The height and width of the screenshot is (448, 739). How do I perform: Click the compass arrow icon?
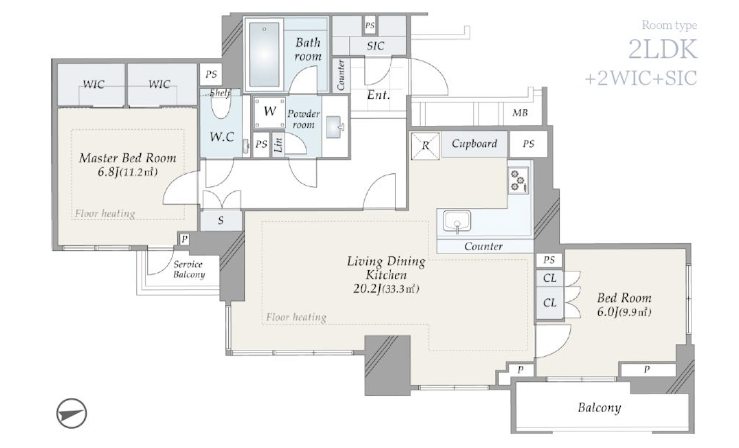tap(71, 413)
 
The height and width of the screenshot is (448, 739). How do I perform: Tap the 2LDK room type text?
tap(663, 49)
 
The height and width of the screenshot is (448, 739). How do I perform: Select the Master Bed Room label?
tap(127, 158)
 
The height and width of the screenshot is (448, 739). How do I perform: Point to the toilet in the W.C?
tap(220, 107)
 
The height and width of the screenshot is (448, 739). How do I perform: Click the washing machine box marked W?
tap(269, 112)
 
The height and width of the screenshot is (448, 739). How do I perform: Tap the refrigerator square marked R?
tap(425, 145)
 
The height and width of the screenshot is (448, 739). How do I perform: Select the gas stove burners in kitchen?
tap(519, 181)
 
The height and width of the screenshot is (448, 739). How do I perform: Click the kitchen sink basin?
tap(457, 221)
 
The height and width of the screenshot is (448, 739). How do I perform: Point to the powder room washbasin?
tap(334, 127)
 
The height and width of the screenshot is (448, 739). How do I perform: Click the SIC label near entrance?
tap(376, 46)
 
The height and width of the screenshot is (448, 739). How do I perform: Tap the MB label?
tap(520, 113)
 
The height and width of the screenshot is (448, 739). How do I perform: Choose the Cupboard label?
tap(474, 144)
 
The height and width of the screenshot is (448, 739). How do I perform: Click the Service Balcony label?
tap(188, 270)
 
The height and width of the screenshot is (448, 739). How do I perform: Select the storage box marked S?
tap(220, 220)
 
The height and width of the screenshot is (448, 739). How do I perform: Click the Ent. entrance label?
tap(378, 95)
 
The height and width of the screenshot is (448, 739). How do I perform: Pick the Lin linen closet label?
tap(278, 144)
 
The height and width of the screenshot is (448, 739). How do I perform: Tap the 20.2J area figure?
tap(367, 289)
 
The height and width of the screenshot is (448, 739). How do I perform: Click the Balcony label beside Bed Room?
tap(600, 408)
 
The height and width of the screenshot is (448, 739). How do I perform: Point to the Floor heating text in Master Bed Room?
tap(105, 214)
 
